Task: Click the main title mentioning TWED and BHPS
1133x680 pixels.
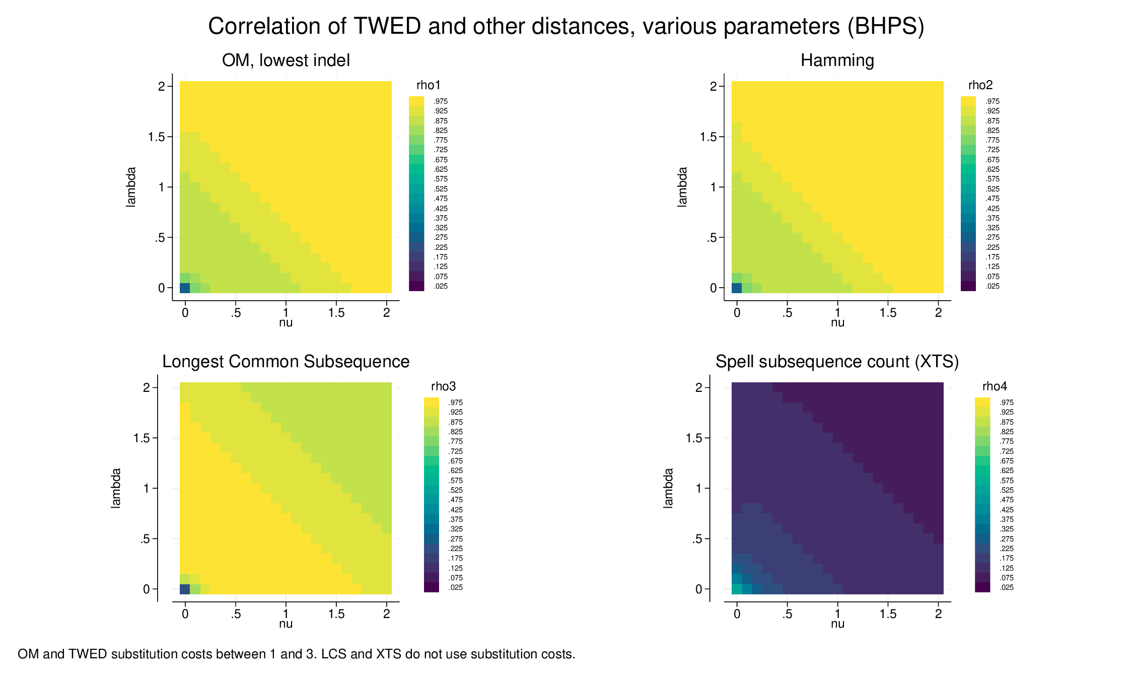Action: tap(566, 26)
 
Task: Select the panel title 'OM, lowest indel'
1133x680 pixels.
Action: tap(286, 60)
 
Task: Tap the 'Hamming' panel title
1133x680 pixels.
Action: tap(837, 60)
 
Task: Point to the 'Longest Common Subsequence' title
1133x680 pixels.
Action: tap(286, 362)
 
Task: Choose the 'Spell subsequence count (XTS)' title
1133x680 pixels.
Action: tap(837, 362)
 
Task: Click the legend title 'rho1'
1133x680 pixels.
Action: tap(428, 85)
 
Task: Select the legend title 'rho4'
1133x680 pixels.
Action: tap(995, 386)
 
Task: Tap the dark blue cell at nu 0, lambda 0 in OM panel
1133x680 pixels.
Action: tap(185, 288)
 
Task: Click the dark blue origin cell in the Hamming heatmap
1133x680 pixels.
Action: tap(737, 288)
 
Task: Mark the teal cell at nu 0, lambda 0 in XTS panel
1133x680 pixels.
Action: tap(737, 589)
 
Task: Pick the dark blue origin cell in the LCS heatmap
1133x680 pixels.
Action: tap(185, 589)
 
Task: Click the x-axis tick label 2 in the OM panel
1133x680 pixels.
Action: tap(386, 313)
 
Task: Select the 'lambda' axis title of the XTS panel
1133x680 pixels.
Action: tap(668, 488)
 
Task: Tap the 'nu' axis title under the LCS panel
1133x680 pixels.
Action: tap(286, 624)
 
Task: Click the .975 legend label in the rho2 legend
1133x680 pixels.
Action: tap(993, 101)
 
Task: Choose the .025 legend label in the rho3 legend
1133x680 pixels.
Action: tap(455, 587)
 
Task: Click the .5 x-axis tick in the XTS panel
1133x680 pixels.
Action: tap(787, 614)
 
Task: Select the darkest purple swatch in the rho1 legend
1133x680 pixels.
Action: tap(416, 286)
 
